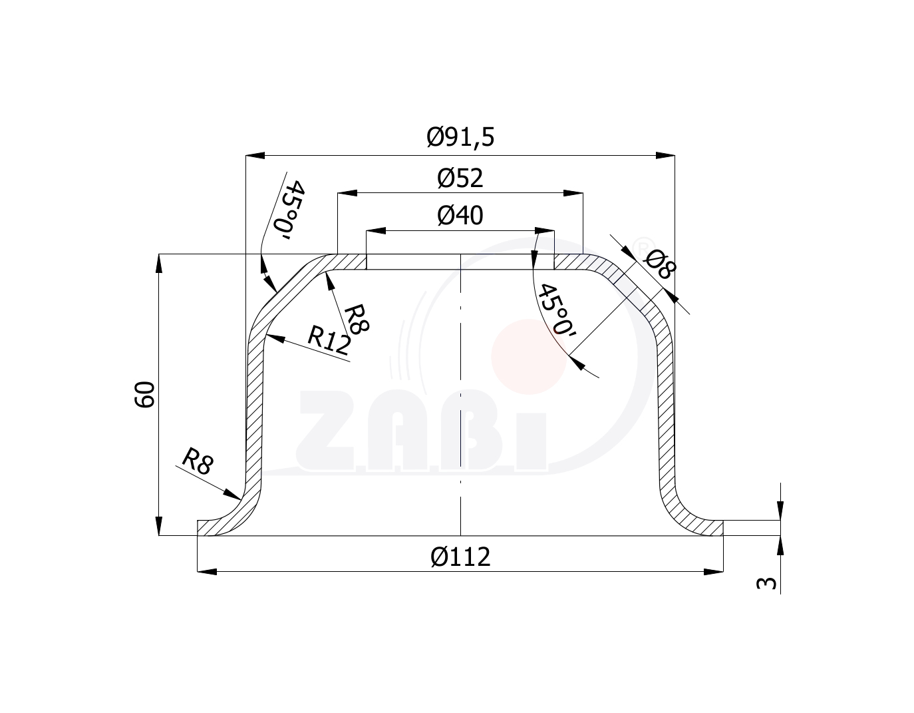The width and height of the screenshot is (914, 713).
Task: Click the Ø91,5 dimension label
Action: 460,137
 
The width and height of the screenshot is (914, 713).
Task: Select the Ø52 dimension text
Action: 460,178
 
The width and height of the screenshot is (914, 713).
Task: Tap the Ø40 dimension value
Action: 460,216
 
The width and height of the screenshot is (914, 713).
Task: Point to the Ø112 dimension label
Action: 460,557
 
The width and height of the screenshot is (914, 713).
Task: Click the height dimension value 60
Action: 144,394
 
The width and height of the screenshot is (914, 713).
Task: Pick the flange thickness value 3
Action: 766,583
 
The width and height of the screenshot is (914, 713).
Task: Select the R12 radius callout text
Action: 329,340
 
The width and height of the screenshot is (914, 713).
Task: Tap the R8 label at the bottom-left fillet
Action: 198,461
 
